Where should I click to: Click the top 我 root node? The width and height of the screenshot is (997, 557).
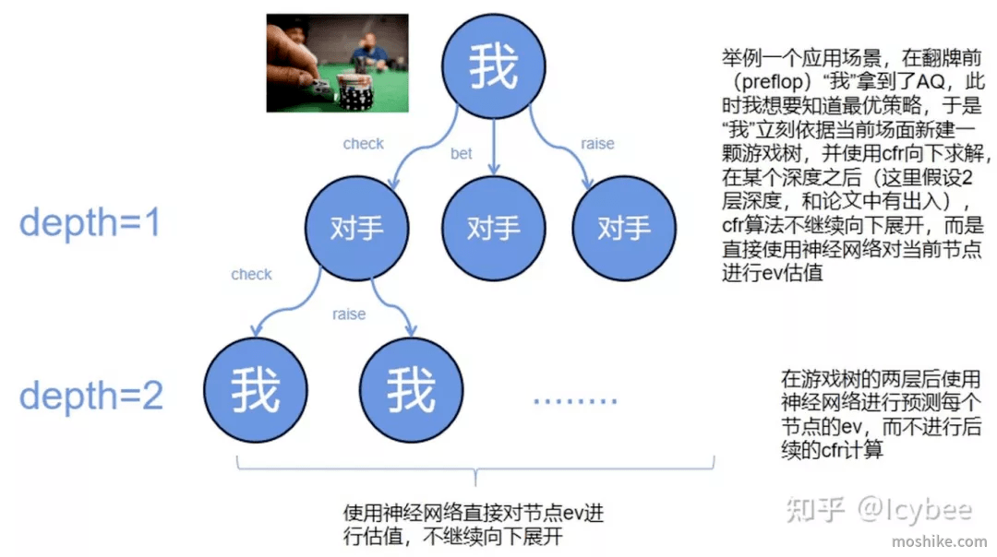[493, 66]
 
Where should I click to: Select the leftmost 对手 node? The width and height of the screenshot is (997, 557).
[356, 228]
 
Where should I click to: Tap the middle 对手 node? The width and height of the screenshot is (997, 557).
[493, 228]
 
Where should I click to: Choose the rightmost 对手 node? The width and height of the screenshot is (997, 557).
[624, 228]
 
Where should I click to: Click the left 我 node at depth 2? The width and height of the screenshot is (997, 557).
[256, 390]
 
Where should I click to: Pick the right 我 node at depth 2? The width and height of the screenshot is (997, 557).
[412, 390]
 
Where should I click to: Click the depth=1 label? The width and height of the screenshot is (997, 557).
[90, 223]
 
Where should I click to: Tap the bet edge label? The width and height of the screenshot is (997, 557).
[461, 154]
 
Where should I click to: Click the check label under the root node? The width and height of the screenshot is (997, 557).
[363, 144]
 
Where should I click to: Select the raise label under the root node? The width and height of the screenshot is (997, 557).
[597, 144]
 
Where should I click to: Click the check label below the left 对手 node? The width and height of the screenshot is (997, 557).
[251, 275]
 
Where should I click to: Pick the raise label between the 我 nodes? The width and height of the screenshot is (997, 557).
[349, 314]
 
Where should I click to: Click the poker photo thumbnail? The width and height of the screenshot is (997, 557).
[338, 63]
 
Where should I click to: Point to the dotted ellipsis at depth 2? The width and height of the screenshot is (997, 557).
[575, 401]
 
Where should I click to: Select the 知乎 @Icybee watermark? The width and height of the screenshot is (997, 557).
[879, 509]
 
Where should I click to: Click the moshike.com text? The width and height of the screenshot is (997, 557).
[939, 541]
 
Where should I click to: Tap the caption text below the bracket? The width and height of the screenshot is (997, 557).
[473, 525]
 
